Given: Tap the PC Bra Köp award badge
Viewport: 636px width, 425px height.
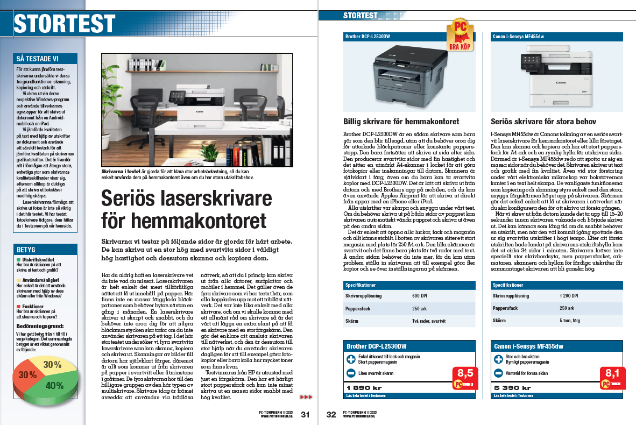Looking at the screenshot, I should (x=461, y=33).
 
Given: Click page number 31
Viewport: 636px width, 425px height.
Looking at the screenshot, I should (x=305, y=414).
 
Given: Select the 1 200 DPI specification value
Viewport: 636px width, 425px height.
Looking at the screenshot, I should (x=569, y=296).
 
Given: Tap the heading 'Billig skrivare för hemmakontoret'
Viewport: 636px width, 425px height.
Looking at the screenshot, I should (x=401, y=122).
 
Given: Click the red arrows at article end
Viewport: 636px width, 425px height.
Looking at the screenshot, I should (x=306, y=397).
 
